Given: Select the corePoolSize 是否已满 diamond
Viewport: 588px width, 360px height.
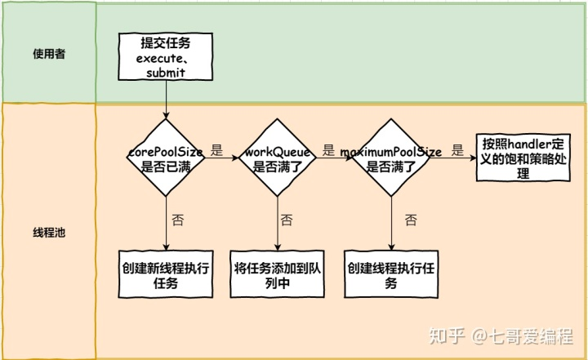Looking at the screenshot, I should click(x=167, y=158).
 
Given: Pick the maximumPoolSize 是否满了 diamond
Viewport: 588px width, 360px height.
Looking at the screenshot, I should click(x=391, y=158).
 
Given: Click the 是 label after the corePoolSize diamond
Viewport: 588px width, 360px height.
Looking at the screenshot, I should click(x=216, y=150).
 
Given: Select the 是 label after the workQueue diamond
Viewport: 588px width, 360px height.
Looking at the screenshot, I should click(x=328, y=150).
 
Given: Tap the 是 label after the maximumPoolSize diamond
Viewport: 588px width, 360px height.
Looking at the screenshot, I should click(x=457, y=150).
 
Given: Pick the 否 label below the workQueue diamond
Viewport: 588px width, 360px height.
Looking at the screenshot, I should click(x=287, y=220).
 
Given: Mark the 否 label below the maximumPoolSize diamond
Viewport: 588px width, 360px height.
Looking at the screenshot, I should click(x=411, y=220).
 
